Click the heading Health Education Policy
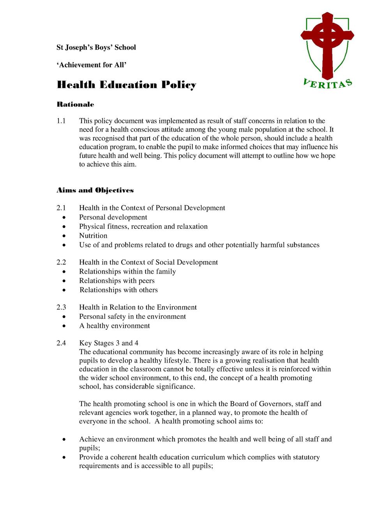[126, 85]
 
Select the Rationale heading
[75, 104]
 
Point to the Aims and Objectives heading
[95, 190]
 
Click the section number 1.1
[61, 121]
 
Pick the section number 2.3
[61, 307]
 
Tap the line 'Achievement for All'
[92, 65]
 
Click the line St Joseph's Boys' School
[96, 47]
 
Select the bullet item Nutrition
[93, 235]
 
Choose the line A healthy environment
[115, 325]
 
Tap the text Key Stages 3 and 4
[109, 343]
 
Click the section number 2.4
[61, 343]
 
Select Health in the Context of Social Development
[148, 262]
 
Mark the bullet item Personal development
[113, 217]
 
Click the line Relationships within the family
[127, 271]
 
